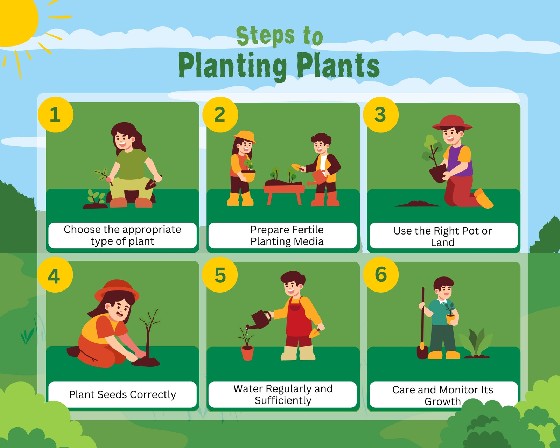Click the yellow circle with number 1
[x=55, y=114]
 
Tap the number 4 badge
[x=55, y=275]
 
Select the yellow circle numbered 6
[x=381, y=275]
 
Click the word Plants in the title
[x=338, y=65]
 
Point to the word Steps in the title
[x=265, y=36]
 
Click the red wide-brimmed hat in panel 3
[x=452, y=122]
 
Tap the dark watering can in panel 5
[x=259, y=320]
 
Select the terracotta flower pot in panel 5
[x=247, y=353]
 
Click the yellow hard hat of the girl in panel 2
[x=245, y=136]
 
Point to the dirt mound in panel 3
[x=418, y=203]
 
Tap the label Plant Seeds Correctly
[x=122, y=395]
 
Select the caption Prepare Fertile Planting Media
[x=287, y=235]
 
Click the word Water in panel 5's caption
[x=248, y=388]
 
